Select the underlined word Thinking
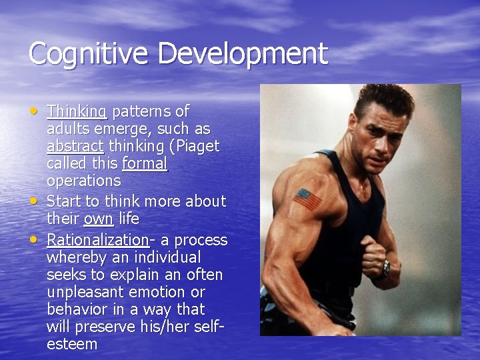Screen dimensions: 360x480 pos(77,111)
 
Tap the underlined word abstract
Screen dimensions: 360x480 pos(75,146)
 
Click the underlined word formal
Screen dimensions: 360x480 pos(145,163)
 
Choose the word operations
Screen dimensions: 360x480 pos(83,181)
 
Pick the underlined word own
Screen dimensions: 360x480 pos(98,219)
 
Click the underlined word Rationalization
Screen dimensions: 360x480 pos(97,240)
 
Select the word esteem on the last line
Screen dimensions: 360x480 pos(72,344)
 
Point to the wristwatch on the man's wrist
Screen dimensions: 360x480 pos(386,268)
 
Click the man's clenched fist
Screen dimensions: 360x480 pos(373,254)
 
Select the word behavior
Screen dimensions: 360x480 pos(75,309)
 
